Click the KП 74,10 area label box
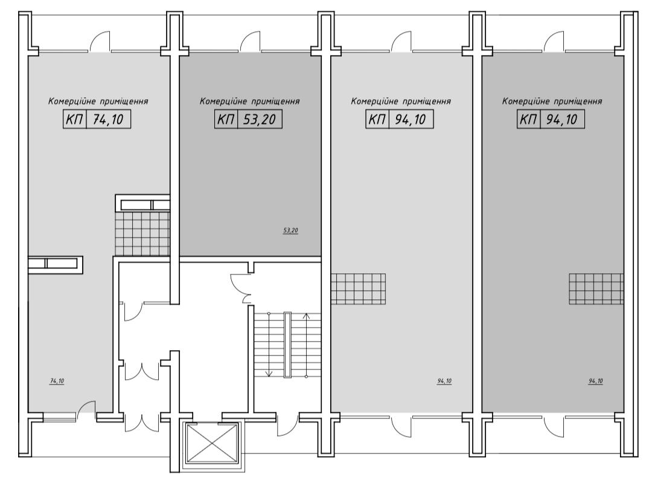tap(97, 119)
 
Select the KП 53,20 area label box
tap(248, 119)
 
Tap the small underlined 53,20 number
tap(291, 230)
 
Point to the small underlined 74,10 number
tap(57, 382)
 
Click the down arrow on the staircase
tap(269, 344)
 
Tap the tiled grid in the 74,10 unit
tap(142, 233)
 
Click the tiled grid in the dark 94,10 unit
tap(596, 289)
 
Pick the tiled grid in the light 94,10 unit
tap(359, 289)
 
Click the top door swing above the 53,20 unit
tap(250, 41)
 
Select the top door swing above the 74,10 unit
tap(100, 41)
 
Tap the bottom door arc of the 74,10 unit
tap(86, 406)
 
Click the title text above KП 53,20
tap(249, 101)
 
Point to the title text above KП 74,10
tap(98, 101)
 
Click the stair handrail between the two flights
tap(288, 345)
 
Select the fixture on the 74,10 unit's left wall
tap(56, 264)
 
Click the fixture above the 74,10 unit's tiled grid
tap(142, 203)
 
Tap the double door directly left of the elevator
tap(142, 422)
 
